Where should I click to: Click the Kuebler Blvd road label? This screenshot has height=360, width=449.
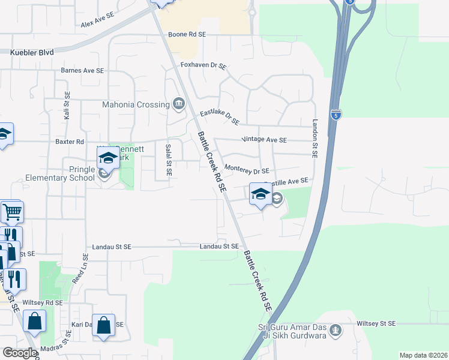tap(32, 53)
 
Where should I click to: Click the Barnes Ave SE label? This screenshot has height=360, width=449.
tap(83, 70)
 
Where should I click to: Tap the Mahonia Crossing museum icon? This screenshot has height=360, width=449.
tap(178, 104)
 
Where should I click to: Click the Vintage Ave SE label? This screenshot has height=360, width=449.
tap(264, 140)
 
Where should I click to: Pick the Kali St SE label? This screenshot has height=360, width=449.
tap(67, 109)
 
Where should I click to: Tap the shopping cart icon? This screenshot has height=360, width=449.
tap(12, 212)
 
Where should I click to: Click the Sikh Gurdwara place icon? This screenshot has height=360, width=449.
tap(336, 330)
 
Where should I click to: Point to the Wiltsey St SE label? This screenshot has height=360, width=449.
tap(376, 323)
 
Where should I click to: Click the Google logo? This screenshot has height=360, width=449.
tap(19, 353)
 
